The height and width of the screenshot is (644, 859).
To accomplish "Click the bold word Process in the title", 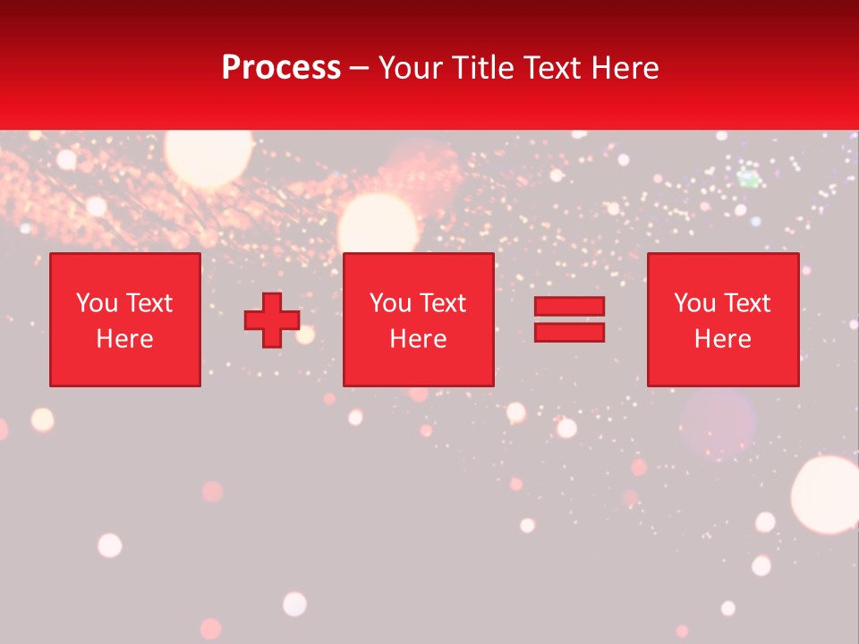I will (281, 68).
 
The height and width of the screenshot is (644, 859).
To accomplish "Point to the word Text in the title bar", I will (551, 68).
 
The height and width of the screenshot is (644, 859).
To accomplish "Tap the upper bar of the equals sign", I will (569, 306).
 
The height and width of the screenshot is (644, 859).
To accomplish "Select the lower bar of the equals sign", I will (569, 332).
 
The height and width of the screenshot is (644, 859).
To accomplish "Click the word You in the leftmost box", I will (96, 303).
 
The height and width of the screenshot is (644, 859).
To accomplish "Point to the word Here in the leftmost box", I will (124, 339).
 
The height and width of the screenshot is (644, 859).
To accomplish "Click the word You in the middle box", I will (389, 303).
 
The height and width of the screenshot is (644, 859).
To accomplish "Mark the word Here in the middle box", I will (418, 339).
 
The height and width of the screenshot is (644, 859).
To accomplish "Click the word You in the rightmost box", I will (693, 303).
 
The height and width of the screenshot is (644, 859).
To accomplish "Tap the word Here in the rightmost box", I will (722, 339).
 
